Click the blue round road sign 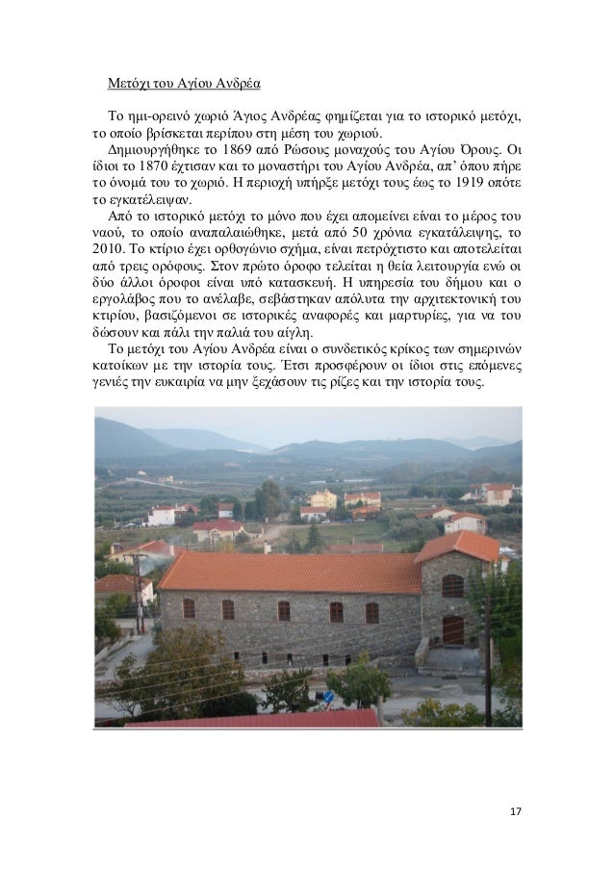(x=328, y=697)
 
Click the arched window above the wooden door (x=452, y=585)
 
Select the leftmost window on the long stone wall (x=189, y=608)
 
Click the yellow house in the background (x=322, y=498)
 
